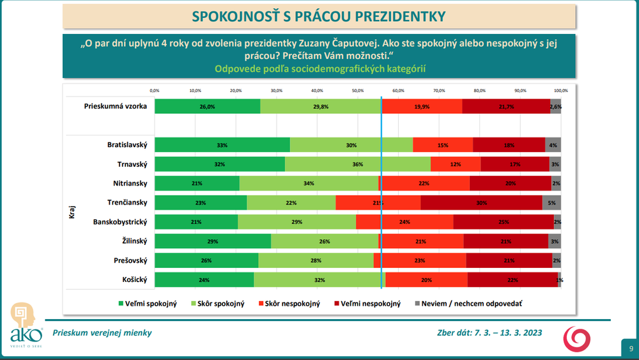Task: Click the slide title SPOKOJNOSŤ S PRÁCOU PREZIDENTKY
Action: coord(319,15)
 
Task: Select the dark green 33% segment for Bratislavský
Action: coord(222,145)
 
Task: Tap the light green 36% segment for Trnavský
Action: coord(357,164)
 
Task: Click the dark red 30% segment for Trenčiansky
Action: coord(481,203)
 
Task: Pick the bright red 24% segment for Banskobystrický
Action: coord(404,222)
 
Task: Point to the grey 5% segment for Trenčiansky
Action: coord(551,203)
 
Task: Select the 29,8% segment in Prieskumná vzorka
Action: coord(321,107)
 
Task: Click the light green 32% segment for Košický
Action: coord(319,279)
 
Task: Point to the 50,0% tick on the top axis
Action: coord(357,90)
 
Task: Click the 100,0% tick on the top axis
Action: coord(560,90)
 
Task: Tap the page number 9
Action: coord(629,348)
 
